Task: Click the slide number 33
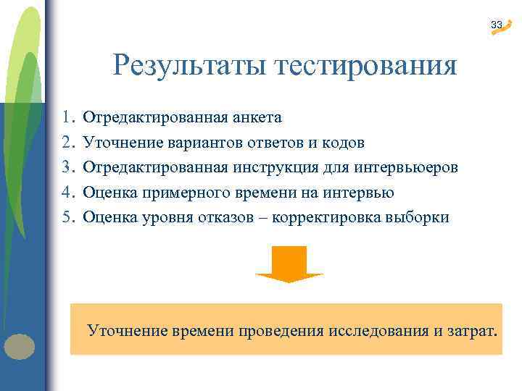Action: pyautogui.click(x=496, y=25)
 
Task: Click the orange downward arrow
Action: pyautogui.click(x=289, y=264)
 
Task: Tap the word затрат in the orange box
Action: pyautogui.click(x=473, y=332)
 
